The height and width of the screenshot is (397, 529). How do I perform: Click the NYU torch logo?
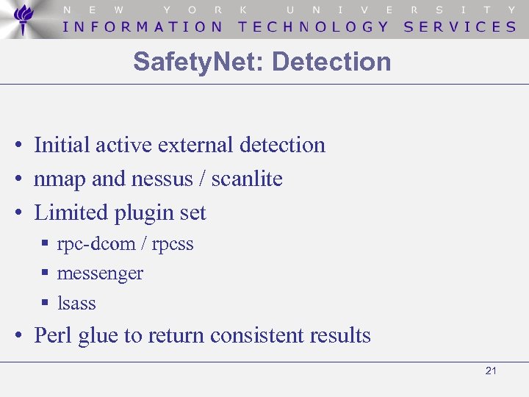pyautogui.click(x=24, y=19)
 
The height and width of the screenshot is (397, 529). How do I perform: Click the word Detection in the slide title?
pyautogui.click(x=331, y=62)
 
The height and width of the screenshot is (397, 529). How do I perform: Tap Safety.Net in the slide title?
pyautogui.click(x=198, y=62)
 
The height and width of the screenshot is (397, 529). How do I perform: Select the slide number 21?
pyautogui.click(x=491, y=371)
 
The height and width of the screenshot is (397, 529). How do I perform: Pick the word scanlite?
pyautogui.click(x=247, y=179)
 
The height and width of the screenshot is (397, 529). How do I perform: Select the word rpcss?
pyautogui.click(x=173, y=244)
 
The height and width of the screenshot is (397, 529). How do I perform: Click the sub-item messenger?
pyautogui.click(x=100, y=273)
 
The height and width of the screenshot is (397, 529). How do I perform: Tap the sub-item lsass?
pyautogui.click(x=76, y=303)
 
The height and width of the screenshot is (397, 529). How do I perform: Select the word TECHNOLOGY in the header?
pyautogui.click(x=314, y=26)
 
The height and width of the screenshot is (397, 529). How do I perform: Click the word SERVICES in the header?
pyautogui.click(x=460, y=26)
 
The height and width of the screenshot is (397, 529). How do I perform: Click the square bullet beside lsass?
pyautogui.click(x=45, y=301)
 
